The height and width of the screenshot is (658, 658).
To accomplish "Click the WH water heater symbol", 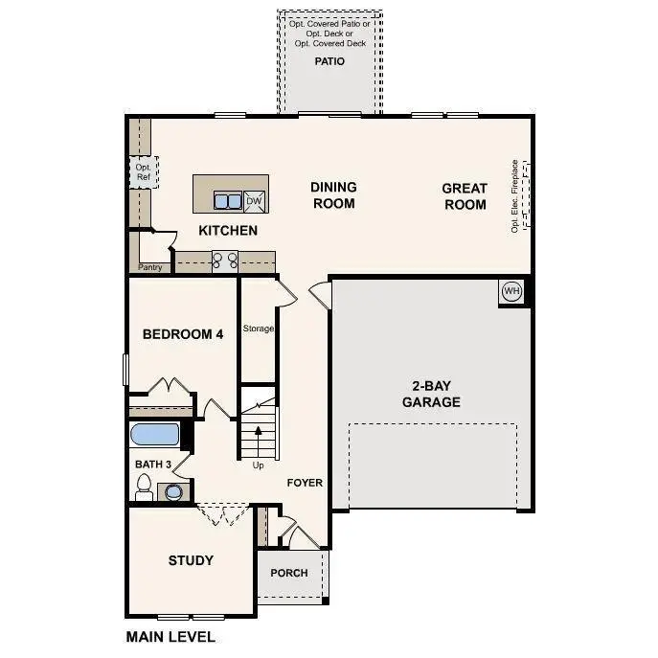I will pos(511,291).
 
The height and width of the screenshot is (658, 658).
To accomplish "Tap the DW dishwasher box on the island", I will pos(254,200).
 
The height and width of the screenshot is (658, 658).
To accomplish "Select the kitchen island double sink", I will pos(228,201).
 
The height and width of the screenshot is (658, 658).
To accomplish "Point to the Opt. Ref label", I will pos(143,171).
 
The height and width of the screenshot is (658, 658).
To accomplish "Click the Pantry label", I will pos(150,267).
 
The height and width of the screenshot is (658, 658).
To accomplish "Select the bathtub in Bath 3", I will pos(155,435).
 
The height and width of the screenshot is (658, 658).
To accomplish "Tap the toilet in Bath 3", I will pos(144,490).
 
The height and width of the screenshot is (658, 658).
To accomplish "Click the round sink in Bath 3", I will pos(173,492).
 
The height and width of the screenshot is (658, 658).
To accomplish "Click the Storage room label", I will pos(258,329).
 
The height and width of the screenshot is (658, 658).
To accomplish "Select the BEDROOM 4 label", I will pos(183,334).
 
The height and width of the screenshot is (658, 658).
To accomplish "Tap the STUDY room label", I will pos(191,560).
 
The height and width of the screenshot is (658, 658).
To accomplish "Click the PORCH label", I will pos(289,573).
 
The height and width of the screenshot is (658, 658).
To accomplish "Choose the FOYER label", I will pos(305,483).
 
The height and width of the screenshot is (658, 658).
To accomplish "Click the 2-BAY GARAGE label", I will pos(431,395).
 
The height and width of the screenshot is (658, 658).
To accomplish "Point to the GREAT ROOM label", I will pos(465,196).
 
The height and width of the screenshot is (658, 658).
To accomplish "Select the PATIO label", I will pos(329,61).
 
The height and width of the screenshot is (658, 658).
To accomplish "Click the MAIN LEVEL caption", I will pos(170,637).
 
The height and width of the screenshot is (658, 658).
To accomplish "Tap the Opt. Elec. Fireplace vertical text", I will pos(515,196).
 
